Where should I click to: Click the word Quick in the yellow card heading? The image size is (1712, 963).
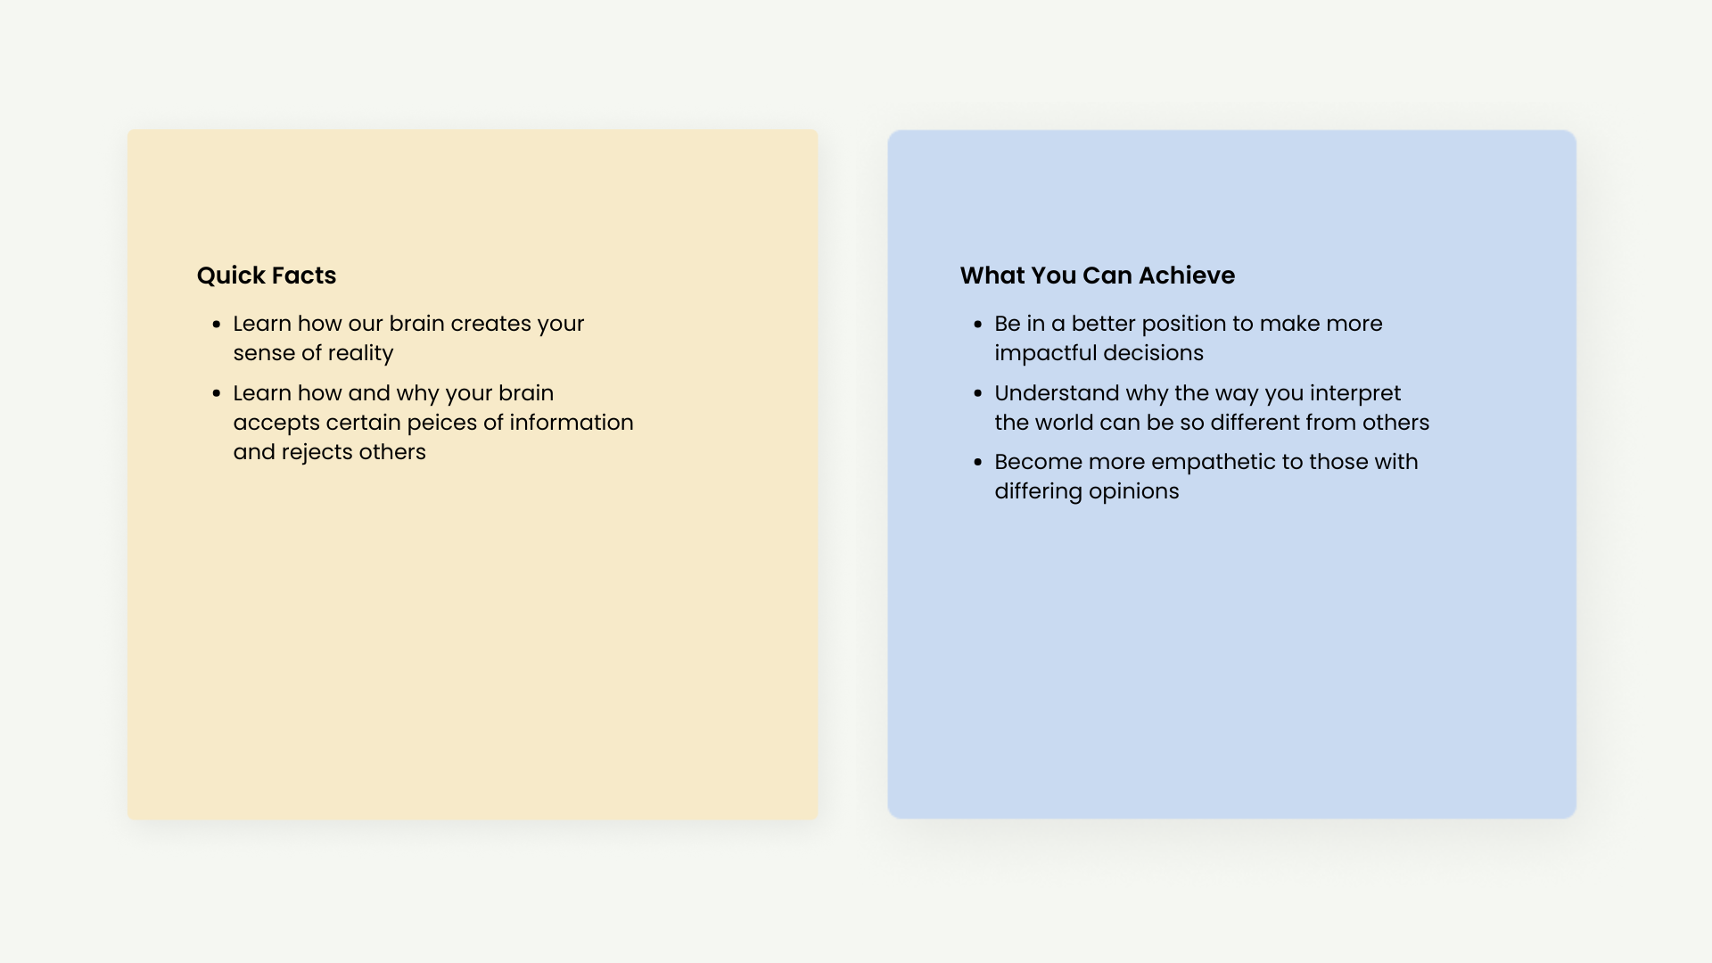coord(229,276)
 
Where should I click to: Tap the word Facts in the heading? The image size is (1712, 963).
coord(302,276)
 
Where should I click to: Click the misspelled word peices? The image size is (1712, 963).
coord(442,424)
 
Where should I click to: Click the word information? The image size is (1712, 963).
coord(572,423)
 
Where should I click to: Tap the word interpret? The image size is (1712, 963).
coord(1355,394)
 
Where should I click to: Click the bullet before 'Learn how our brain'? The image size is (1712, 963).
coord(217,325)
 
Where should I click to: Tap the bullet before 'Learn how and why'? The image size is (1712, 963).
coord(217,394)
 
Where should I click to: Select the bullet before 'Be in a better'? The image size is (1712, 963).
coord(978,325)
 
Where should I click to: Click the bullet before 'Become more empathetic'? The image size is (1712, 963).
coord(978,463)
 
